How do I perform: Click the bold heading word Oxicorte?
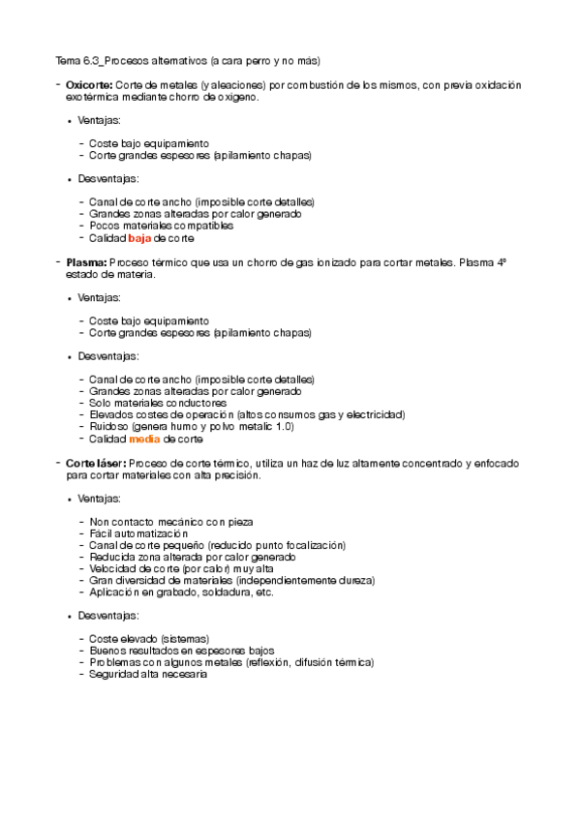pos(88,85)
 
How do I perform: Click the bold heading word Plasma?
pos(86,262)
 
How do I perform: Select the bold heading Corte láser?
pos(95,464)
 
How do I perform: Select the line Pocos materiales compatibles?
pos(161,226)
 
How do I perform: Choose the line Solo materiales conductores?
pos(158,403)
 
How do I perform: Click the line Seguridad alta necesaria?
pos(148,674)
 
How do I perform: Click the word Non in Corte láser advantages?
pos(100,522)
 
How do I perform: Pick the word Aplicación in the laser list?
pos(114,592)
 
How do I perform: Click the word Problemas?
pos(115,662)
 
